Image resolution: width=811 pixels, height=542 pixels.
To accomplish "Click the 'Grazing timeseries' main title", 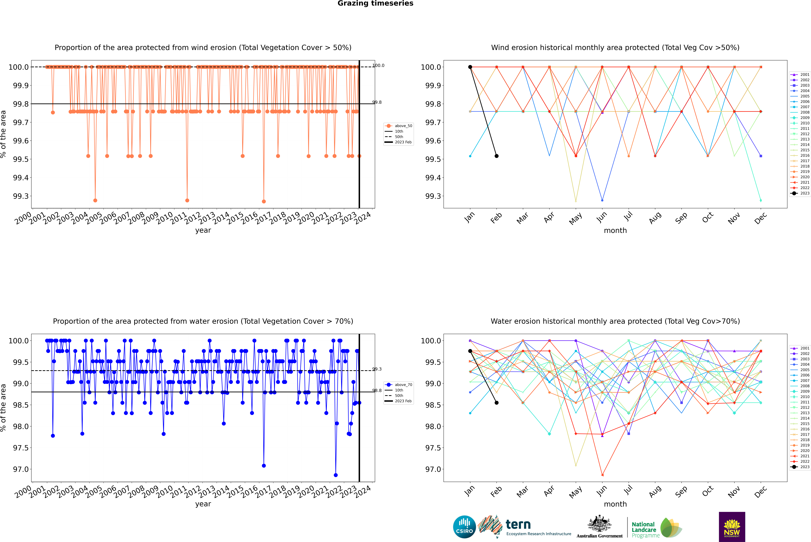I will pyautogui.click(x=375, y=3).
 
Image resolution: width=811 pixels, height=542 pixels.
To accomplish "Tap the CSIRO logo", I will pyautogui.click(x=464, y=527).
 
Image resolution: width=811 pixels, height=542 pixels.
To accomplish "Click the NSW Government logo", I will pyautogui.click(x=732, y=527).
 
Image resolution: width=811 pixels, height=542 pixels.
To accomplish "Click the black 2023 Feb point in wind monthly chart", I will pyautogui.click(x=496, y=156).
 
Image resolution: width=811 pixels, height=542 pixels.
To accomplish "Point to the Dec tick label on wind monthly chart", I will pyautogui.click(x=761, y=218).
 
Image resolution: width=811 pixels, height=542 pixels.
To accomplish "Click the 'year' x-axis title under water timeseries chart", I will pyautogui.click(x=203, y=504).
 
